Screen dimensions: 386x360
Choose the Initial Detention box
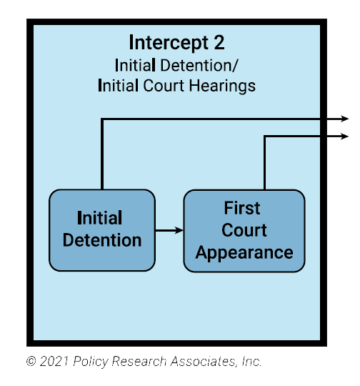101,230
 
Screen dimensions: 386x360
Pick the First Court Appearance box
244,230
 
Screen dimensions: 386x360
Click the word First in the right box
242,209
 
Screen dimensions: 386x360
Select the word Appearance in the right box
244,252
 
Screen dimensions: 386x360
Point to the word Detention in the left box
101,240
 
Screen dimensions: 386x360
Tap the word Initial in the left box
99,218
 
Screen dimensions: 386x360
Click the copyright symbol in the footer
31,362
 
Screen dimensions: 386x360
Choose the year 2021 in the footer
53,362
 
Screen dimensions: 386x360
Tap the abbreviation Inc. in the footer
251,362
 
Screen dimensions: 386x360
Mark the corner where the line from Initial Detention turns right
102,119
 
